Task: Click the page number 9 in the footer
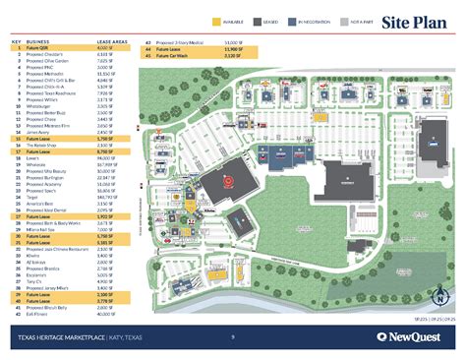pyautogui.click(x=232, y=337)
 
